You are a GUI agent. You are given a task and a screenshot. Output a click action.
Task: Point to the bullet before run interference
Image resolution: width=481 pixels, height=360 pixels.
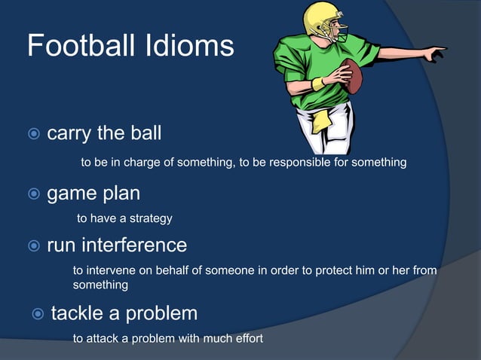pos(33,246)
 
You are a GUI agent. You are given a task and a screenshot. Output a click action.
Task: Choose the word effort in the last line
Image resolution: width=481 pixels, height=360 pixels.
pos(246,339)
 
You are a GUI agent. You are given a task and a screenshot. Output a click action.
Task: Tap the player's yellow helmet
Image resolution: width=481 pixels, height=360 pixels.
pos(321,18)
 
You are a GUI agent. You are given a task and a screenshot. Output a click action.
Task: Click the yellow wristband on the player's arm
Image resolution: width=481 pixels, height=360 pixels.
pos(319,83)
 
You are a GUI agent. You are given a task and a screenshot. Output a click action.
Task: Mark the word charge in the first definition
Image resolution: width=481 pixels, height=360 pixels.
pos(153,163)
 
